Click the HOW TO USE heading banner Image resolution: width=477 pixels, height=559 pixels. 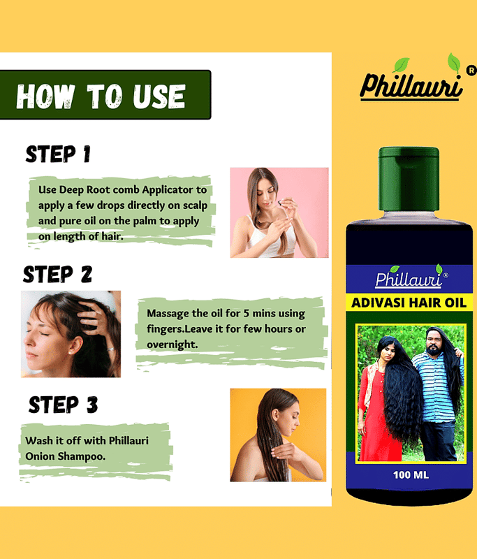[x=105, y=95]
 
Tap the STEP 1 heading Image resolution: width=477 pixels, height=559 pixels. [x=58, y=154]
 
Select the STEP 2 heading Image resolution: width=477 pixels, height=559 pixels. [x=58, y=274]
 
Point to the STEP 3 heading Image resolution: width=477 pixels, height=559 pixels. [x=63, y=405]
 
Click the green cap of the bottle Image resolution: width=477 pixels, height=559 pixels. [x=409, y=179]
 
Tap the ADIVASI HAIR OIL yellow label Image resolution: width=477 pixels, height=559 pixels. [x=409, y=303]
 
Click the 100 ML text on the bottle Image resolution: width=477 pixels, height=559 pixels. [x=411, y=475]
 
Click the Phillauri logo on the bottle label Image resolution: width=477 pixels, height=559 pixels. [x=410, y=277]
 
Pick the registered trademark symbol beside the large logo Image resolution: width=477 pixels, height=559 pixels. [x=471, y=71]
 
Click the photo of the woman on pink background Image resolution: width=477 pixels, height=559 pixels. [x=279, y=212]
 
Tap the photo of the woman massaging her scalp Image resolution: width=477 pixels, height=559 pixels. [x=71, y=334]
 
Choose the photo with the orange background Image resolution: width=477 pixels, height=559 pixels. [x=278, y=435]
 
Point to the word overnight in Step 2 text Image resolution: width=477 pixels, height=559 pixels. [x=172, y=344]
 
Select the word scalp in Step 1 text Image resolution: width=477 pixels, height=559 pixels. [x=195, y=205]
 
